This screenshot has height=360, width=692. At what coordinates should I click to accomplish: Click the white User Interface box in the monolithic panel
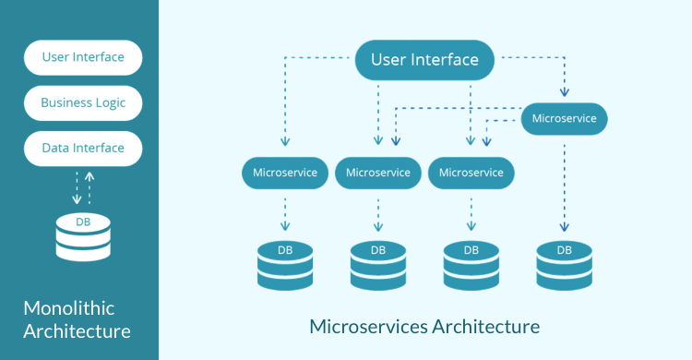pyautogui.click(x=83, y=57)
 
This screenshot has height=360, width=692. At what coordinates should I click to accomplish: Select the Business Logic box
pyautogui.click(x=83, y=102)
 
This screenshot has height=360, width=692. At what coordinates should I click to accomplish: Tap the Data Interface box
pyautogui.click(x=83, y=148)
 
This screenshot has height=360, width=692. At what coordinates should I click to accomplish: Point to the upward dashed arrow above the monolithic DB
pyautogui.click(x=89, y=187)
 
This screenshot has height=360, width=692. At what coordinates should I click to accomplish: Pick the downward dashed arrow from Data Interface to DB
pyautogui.click(x=76, y=187)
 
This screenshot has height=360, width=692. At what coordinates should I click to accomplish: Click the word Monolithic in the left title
pyautogui.click(x=68, y=308)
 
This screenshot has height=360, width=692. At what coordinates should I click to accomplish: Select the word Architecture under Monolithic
pyautogui.click(x=77, y=331)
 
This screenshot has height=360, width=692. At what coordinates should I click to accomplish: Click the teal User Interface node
pyautogui.click(x=424, y=60)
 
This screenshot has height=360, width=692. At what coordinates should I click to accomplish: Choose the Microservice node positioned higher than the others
pyautogui.click(x=564, y=118)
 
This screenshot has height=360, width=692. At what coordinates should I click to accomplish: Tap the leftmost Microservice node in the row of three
pyautogui.click(x=285, y=172)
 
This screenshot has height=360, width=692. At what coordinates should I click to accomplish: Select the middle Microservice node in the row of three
pyautogui.click(x=378, y=172)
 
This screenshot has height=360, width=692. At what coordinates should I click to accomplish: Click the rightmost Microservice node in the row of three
pyautogui.click(x=471, y=172)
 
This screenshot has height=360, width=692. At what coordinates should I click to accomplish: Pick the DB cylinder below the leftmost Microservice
pyautogui.click(x=285, y=265)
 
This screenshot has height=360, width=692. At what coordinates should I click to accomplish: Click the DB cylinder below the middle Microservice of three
pyautogui.click(x=378, y=265)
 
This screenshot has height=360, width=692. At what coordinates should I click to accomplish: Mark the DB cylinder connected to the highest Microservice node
pyautogui.click(x=565, y=265)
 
